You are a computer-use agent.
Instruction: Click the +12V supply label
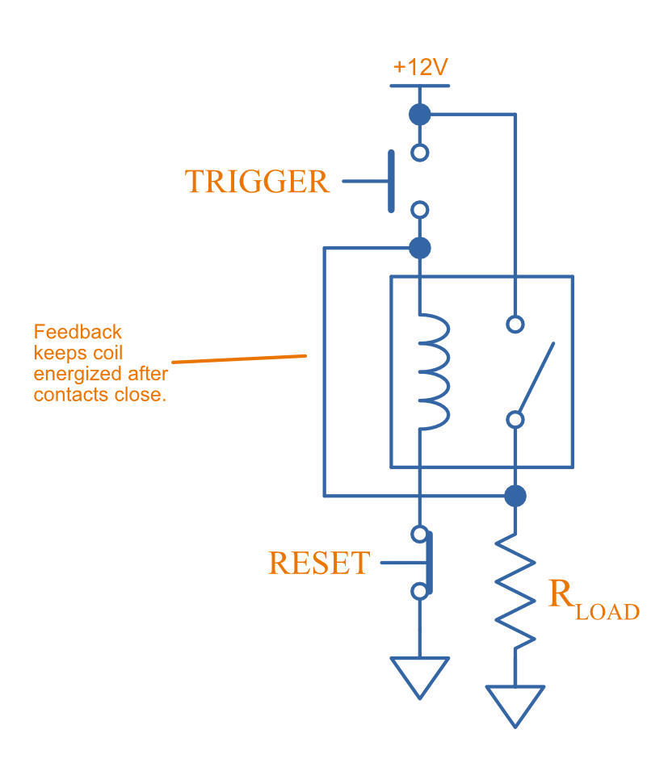420,67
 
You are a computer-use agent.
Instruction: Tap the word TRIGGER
257,182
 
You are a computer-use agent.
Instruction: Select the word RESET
319,563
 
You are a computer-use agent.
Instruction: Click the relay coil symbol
432,371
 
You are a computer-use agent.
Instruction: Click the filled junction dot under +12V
419,114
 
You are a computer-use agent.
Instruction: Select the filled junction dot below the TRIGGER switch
419,247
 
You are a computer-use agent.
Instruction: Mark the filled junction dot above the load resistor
515,495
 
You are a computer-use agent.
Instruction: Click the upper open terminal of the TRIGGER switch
419,152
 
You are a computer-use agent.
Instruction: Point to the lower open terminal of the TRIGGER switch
419,211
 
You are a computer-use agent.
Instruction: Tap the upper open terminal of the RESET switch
419,534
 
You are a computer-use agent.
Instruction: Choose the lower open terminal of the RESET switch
419,592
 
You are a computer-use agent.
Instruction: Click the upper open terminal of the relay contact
515,324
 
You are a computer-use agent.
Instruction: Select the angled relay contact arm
536,375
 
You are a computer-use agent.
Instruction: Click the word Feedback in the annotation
78,332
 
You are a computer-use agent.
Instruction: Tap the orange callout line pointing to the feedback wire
240,358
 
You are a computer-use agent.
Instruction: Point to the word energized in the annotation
78,374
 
